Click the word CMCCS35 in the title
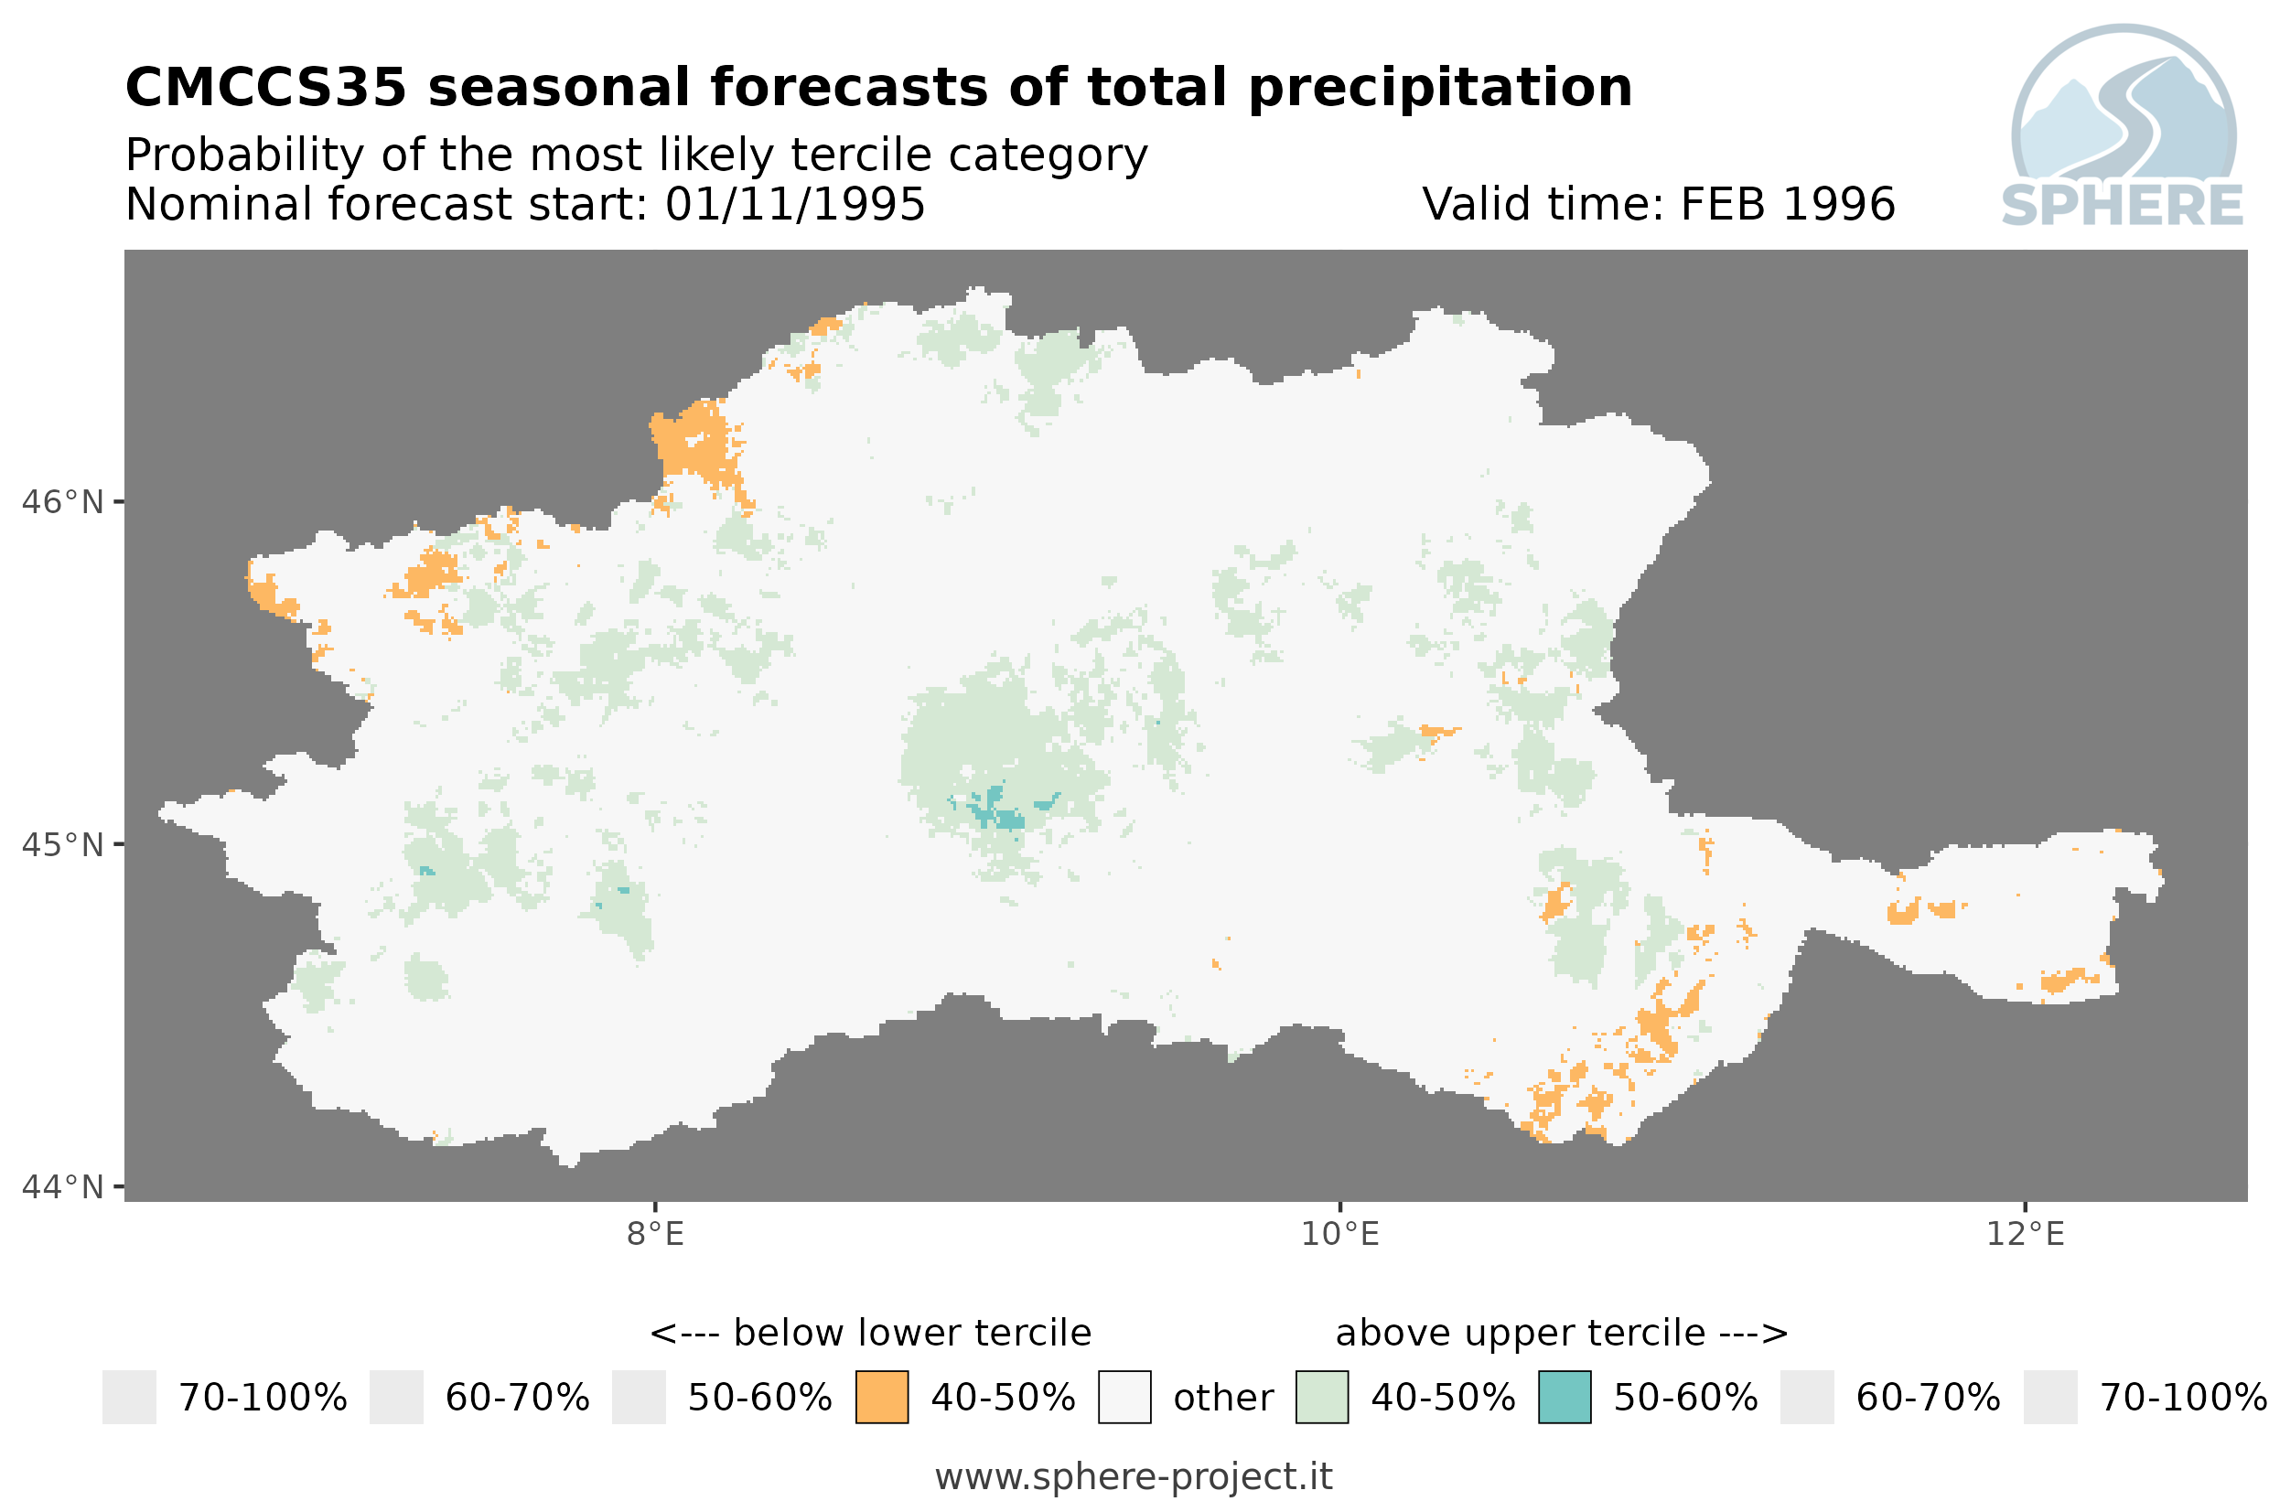266,88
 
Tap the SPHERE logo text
2122,206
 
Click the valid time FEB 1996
1787,204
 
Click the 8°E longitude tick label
656,1234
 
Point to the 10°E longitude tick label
1340,1234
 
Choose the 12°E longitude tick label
2025,1234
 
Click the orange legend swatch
881,1398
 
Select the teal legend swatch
1565,1398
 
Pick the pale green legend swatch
1321,1398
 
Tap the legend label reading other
1222,1399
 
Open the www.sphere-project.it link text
1134,1476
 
